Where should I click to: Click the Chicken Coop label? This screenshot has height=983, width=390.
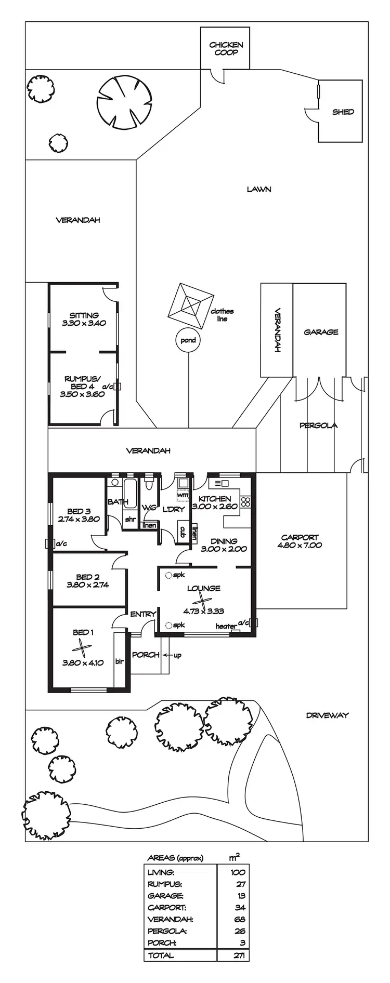tap(226, 49)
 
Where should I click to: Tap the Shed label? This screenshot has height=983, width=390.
tap(343, 112)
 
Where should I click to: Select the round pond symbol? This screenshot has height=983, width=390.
tap(188, 340)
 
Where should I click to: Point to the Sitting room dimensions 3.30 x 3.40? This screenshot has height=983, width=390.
tap(84, 323)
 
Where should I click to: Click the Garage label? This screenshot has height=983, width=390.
tap(321, 332)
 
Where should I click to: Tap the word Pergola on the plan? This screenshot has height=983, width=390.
tap(318, 426)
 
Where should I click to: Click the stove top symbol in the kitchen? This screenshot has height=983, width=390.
tap(245, 502)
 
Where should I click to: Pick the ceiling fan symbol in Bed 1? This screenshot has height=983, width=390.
tap(82, 647)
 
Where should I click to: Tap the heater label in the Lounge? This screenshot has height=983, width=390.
tap(226, 626)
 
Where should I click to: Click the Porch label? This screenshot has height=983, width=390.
tap(146, 655)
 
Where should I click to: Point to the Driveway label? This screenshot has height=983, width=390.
tap(327, 715)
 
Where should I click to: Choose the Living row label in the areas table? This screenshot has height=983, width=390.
tap(161, 872)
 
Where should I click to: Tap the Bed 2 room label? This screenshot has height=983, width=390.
tap(87, 577)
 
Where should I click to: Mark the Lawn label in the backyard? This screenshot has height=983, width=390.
tap(258, 190)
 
